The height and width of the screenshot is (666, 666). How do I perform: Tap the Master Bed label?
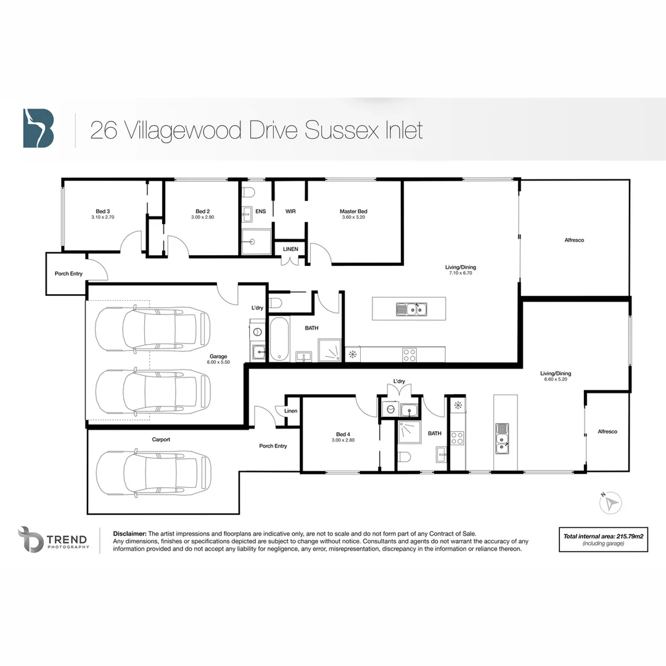click(x=353, y=212)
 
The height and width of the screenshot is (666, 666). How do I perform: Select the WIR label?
click(x=290, y=212)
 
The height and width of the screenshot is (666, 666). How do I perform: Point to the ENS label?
click(x=261, y=212)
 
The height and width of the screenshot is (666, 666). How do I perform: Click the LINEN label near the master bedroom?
click(x=290, y=249)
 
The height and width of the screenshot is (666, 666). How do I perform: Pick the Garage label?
click(x=218, y=356)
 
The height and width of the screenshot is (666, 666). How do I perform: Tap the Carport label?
click(x=161, y=440)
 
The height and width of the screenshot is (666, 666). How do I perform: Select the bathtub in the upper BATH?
click(x=279, y=339)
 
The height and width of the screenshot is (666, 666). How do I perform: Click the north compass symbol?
click(x=611, y=503)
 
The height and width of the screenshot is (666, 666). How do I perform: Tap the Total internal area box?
click(x=602, y=540)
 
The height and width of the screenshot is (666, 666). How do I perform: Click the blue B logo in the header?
click(x=38, y=128)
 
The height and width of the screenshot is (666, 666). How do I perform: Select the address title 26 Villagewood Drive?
click(x=257, y=130)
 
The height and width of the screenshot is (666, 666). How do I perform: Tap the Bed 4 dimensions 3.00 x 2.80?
click(x=345, y=440)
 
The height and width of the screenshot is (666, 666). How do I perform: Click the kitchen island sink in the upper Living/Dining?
click(x=410, y=309)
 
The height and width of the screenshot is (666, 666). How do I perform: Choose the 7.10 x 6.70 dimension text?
click(x=461, y=273)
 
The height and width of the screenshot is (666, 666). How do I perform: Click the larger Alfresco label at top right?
click(x=573, y=240)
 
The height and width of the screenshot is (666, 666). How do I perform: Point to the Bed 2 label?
click(x=203, y=212)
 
